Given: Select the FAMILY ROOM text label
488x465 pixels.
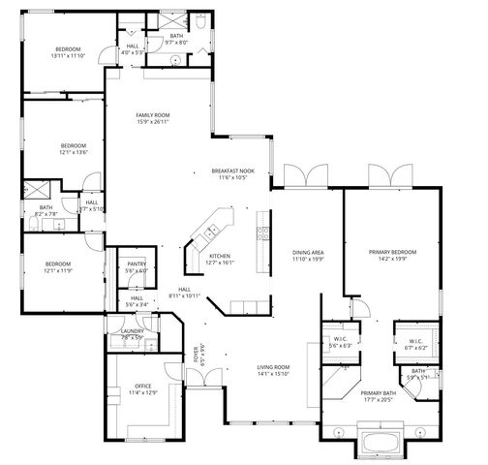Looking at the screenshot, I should pos(152,115).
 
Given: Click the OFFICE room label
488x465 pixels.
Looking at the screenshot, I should pos(130,386).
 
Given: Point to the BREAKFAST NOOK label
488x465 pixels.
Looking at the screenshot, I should pos(232,171).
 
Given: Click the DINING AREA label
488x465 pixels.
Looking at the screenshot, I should pos(308,252).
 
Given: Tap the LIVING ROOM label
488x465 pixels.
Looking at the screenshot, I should pos(273,367).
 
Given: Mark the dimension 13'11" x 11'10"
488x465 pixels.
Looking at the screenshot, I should pos(68,55).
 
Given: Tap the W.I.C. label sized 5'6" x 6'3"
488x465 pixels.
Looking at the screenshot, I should pos(340,338).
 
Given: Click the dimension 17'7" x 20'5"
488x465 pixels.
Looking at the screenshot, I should pos(379,399).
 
